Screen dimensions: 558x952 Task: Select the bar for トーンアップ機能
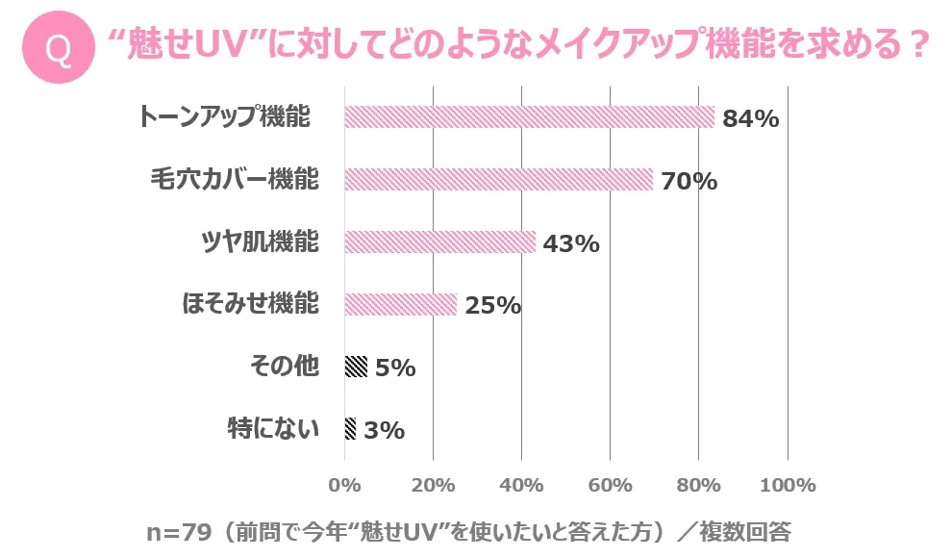pyautogui.click(x=529, y=117)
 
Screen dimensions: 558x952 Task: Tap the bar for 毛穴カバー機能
pyautogui.click(x=498, y=180)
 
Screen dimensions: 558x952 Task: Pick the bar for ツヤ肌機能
pyautogui.click(x=439, y=242)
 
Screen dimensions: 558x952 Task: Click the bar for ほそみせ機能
pyautogui.click(x=400, y=305)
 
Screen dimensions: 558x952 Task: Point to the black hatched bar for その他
pyautogui.click(x=356, y=367)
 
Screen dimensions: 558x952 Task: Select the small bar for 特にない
pyautogui.click(x=350, y=429)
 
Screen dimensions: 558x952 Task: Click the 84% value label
pyautogui.click(x=750, y=119)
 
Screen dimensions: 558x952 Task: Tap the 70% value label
pyautogui.click(x=689, y=181)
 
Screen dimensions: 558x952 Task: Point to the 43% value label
pyautogui.click(x=571, y=244)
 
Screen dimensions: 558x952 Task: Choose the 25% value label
pyautogui.click(x=492, y=306)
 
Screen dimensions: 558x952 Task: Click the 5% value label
pyautogui.click(x=395, y=368)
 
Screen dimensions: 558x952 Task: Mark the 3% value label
pyautogui.click(x=385, y=431)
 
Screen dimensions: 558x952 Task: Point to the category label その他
pyautogui.click(x=284, y=367)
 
